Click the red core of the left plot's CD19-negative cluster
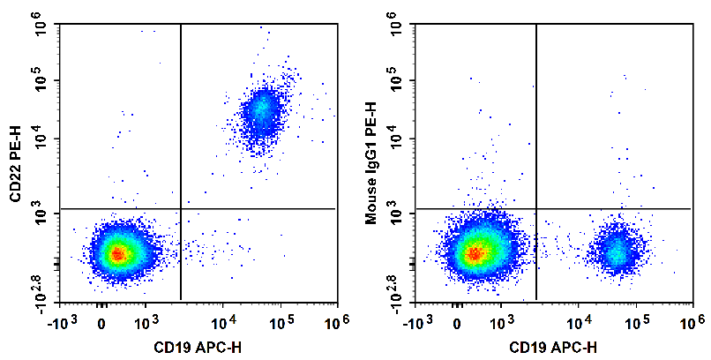click(x=117, y=254)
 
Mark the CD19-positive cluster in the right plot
click(x=617, y=251)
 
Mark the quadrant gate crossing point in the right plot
click(x=536, y=209)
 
